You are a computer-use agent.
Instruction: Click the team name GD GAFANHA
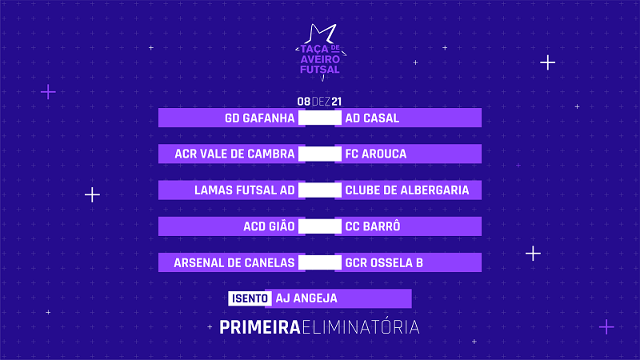pos(259,118)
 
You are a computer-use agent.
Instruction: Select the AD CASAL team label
pos(372,118)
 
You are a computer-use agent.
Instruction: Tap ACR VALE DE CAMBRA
pos(234,154)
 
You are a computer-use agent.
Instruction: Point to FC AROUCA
pos(376,154)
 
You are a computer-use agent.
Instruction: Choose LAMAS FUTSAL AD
pos(245,190)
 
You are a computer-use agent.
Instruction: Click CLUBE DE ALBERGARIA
pos(407,190)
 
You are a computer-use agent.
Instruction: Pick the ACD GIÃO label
pos(269,226)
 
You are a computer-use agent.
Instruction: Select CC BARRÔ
pos(373,226)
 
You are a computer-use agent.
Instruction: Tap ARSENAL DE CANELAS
pos(234,263)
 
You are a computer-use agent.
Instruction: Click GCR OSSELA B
pos(384,263)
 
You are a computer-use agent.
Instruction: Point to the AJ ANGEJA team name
pos(306,298)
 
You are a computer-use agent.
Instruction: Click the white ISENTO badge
pos(250,298)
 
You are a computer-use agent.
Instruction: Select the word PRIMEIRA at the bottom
pos(260,327)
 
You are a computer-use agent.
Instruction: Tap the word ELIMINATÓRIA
pos(361,327)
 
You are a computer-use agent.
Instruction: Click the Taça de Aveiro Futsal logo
pos(321,52)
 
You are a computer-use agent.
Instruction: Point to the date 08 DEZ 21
pos(319,102)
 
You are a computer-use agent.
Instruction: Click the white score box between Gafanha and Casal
pos(320,118)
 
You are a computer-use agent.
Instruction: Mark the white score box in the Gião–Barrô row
pos(320,226)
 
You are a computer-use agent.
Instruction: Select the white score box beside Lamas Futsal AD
pos(320,190)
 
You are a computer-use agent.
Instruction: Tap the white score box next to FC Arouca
pos(320,154)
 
